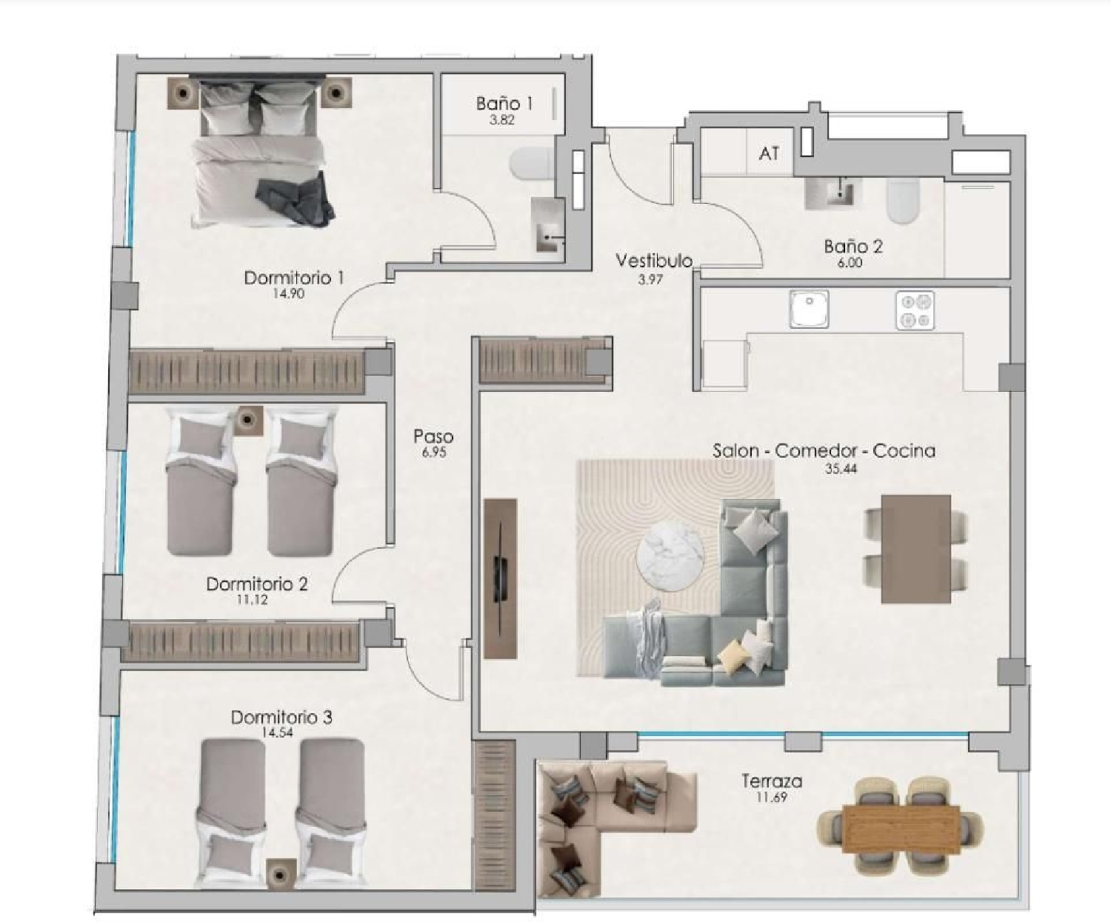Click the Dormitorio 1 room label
[x=293, y=278]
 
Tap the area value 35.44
[x=841, y=468]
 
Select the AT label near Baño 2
[x=769, y=153]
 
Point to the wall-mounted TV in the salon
[x=502, y=578]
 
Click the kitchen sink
[x=809, y=309]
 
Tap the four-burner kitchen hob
[x=915, y=310]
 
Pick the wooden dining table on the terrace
[x=901, y=824]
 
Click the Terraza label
[x=772, y=781]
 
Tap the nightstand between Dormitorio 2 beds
[x=248, y=420]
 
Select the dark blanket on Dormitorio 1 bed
[x=295, y=198]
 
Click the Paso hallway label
[x=433, y=436]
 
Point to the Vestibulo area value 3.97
[x=650, y=279]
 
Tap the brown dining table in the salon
[x=915, y=549]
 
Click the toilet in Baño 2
[x=902, y=201]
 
